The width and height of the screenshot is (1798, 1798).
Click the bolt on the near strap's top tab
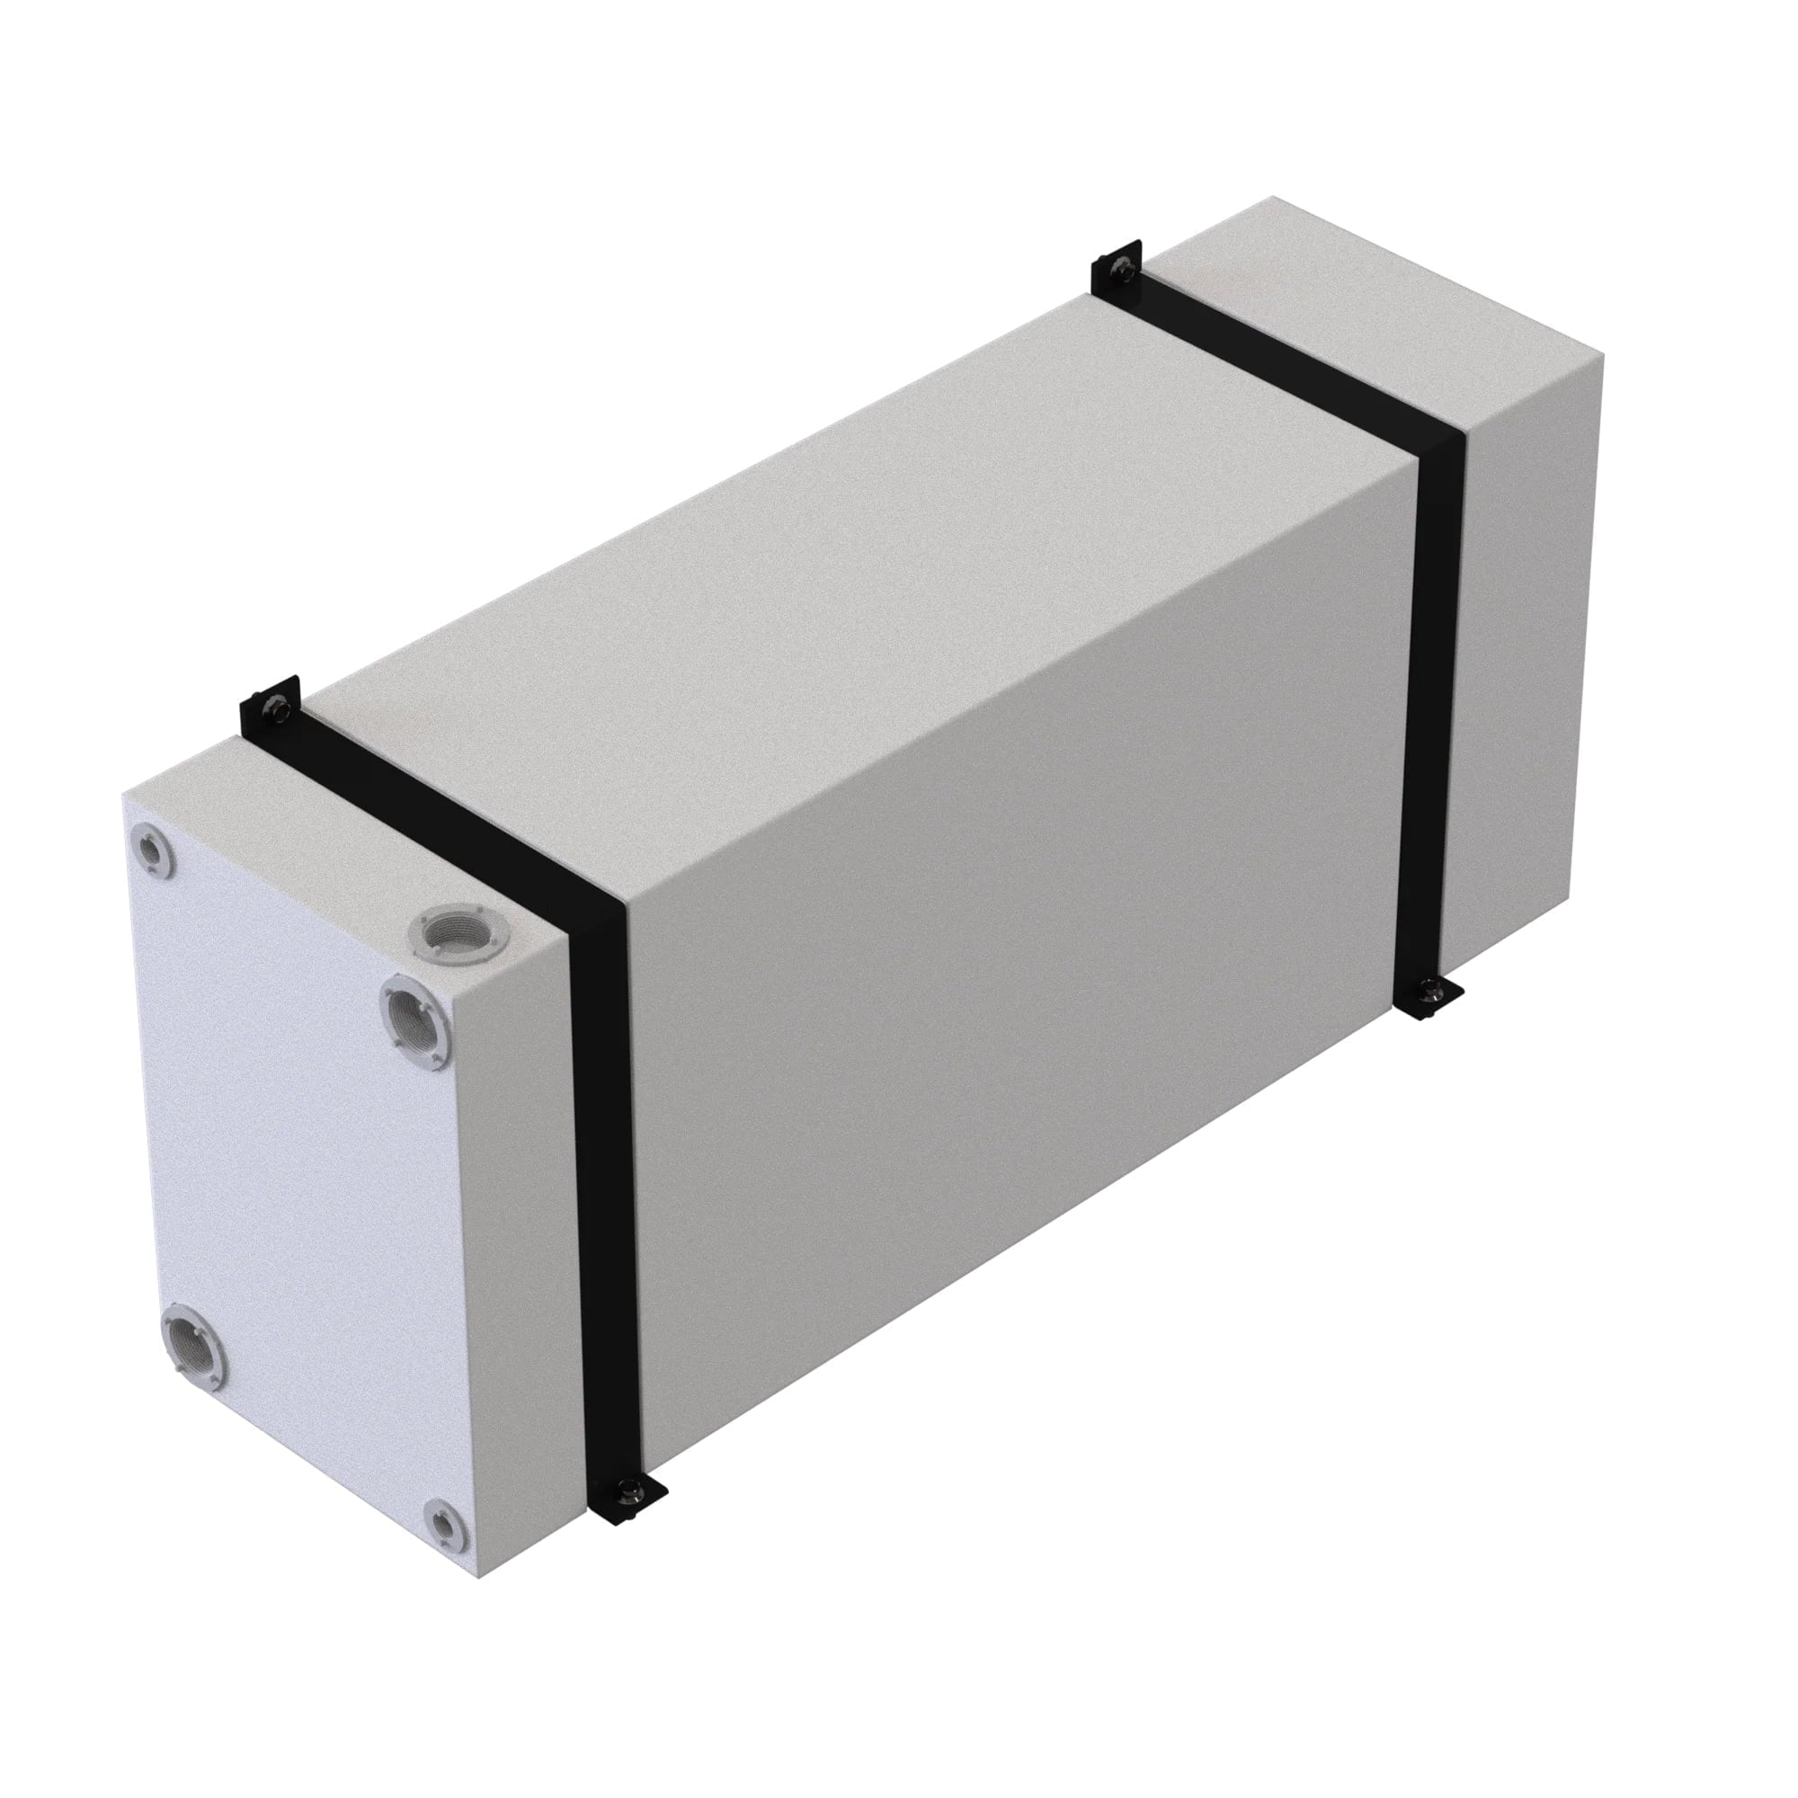(275, 709)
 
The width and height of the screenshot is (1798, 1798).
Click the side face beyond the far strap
(1527, 652)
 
